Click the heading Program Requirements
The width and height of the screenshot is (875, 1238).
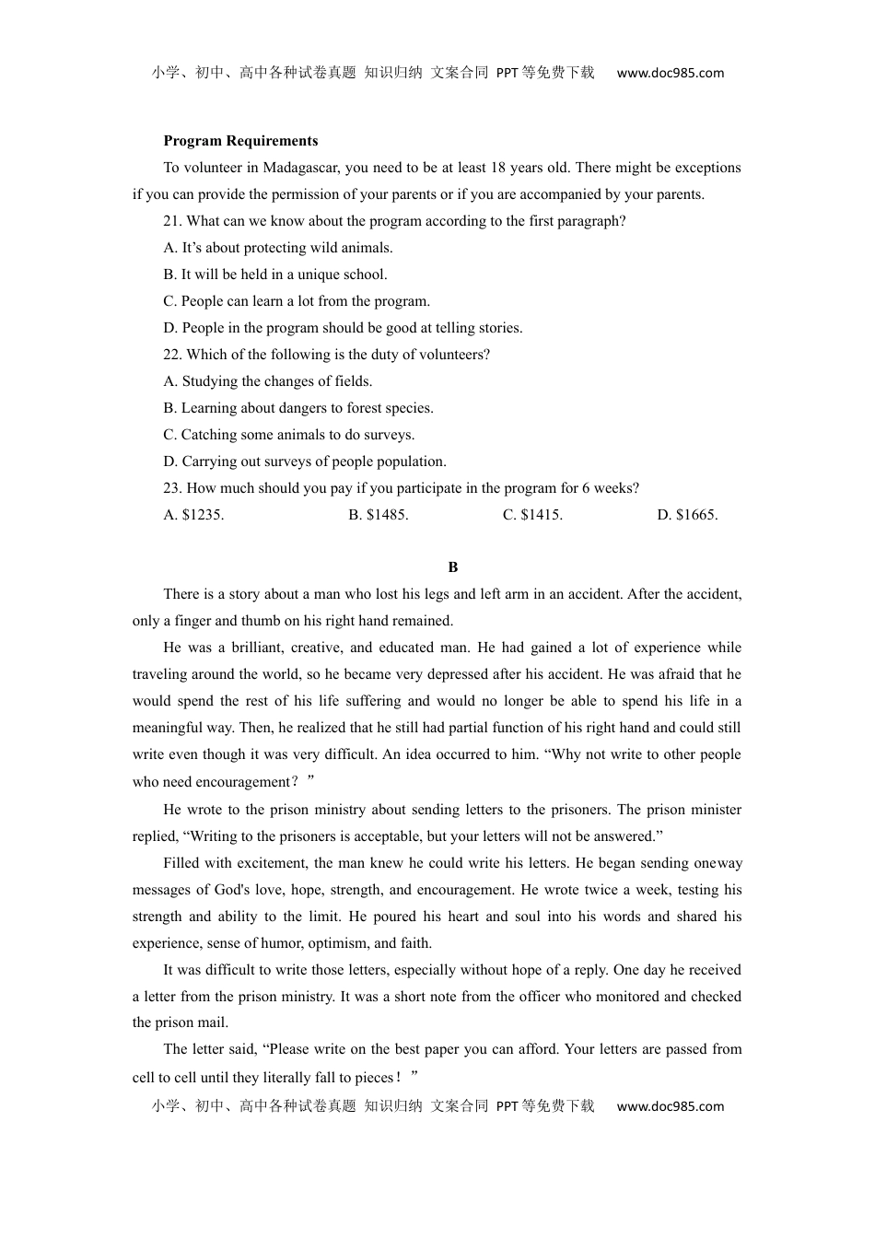[240, 141]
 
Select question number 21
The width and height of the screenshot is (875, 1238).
[173, 221]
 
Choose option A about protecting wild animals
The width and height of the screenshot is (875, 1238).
[278, 248]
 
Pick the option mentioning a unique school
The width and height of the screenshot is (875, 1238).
[275, 274]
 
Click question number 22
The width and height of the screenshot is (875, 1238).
[173, 355]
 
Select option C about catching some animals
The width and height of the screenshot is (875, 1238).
[289, 435]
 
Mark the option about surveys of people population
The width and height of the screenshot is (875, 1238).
[305, 461]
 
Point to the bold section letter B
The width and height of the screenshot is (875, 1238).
[452, 567]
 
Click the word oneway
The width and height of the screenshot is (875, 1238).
[717, 863]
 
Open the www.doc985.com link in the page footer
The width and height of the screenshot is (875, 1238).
[670, 1106]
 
